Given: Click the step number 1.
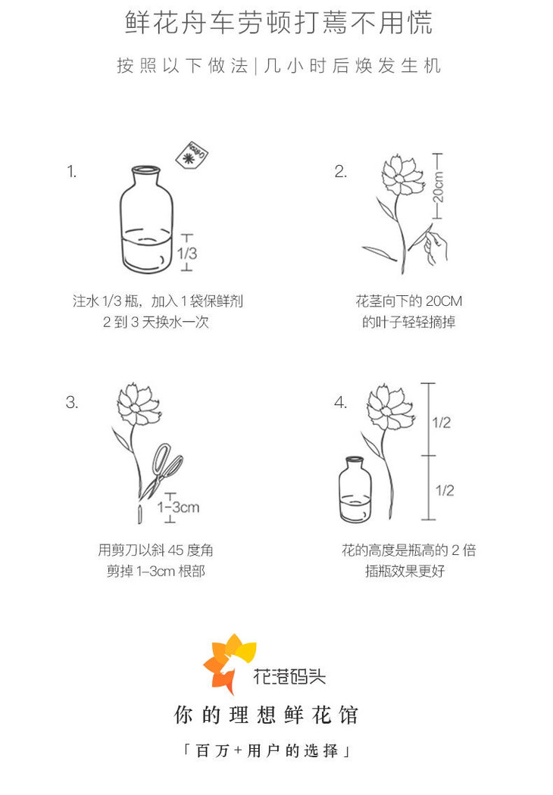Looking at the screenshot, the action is tap(71, 171).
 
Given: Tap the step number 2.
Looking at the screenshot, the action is tap(340, 171).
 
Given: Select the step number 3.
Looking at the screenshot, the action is tap(71, 403).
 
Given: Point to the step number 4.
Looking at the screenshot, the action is tap(340, 403).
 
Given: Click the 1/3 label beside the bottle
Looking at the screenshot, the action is tap(187, 253).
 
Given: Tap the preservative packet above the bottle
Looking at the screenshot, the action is tap(192, 154).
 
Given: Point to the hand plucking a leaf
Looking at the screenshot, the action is tap(436, 246).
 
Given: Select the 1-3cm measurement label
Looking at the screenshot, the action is tap(178, 507).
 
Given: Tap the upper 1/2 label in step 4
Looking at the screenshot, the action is tap(442, 422).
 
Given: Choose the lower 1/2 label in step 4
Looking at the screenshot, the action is tap(445, 491).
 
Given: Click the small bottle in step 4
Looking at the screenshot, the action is tap(355, 490).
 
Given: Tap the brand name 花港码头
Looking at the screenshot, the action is tap(289, 676).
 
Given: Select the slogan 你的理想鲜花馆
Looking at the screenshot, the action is tap(267, 715).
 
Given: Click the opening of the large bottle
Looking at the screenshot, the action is tap(146, 170).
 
